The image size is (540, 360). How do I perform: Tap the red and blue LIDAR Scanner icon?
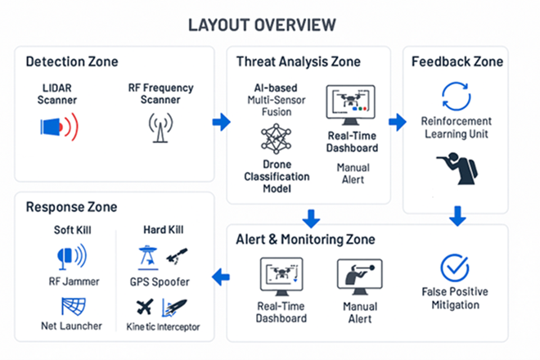pos(59,125)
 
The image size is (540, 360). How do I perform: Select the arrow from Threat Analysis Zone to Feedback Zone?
pos(397,122)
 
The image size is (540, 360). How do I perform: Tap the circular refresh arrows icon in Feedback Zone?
pos(456,97)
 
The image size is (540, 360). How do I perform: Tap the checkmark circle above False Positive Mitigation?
pos(455,268)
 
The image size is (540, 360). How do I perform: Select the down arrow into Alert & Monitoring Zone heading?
pos(310,218)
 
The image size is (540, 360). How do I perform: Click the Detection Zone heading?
pos(72,62)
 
